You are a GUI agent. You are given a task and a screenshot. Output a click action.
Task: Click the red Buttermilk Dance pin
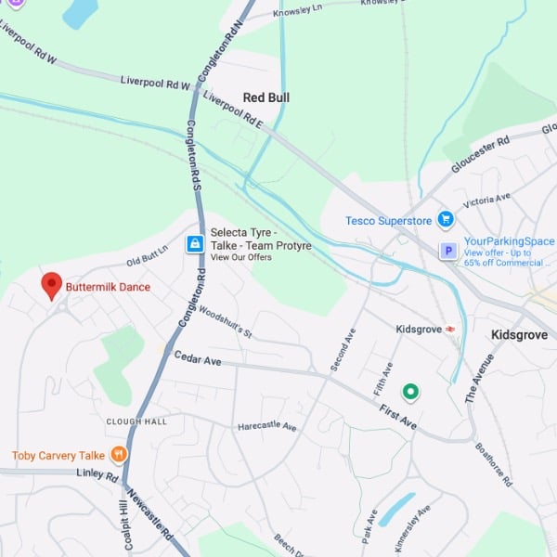[52, 285]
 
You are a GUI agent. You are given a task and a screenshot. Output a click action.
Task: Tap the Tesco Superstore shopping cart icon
[446, 220]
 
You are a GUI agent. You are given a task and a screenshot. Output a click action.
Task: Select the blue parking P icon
[447, 252]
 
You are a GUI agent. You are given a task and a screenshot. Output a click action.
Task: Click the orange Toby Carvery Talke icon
[118, 455]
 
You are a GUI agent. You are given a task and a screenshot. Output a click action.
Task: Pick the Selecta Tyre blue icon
[195, 244]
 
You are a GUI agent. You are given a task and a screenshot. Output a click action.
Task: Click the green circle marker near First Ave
[409, 392]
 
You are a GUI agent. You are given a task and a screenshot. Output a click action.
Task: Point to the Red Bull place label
[266, 97]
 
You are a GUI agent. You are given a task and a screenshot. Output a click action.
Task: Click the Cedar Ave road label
[198, 358]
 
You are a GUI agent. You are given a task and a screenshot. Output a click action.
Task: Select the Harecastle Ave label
[266, 427]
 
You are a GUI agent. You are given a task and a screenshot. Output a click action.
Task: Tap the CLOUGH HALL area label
[136, 421]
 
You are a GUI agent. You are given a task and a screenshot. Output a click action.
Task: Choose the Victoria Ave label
[487, 200]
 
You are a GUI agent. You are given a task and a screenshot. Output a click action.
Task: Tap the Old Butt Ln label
[147, 253]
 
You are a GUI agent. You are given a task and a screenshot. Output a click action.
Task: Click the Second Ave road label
[343, 349]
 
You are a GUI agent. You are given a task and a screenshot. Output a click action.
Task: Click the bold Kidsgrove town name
[518, 334]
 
